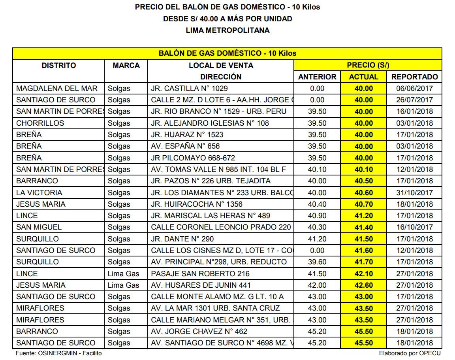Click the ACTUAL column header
pos(363,77)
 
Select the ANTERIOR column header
pos(317,77)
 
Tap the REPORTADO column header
pos(414,77)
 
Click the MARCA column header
pos(126,65)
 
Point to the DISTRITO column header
pos(59,65)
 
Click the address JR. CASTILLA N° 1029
pos(189,89)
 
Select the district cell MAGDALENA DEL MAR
pos(57,89)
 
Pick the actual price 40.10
pos(363,170)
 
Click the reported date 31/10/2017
pos(414,193)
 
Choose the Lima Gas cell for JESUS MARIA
pos(123,285)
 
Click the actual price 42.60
pos(363,285)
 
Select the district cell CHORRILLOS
pos(40,123)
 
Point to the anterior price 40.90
pos(317,216)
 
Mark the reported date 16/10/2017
pos(414,227)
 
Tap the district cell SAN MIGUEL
pos(39,227)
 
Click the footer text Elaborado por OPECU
pos(410,353)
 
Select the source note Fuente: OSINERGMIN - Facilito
pos(58,353)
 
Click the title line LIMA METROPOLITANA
pos(227,30)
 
